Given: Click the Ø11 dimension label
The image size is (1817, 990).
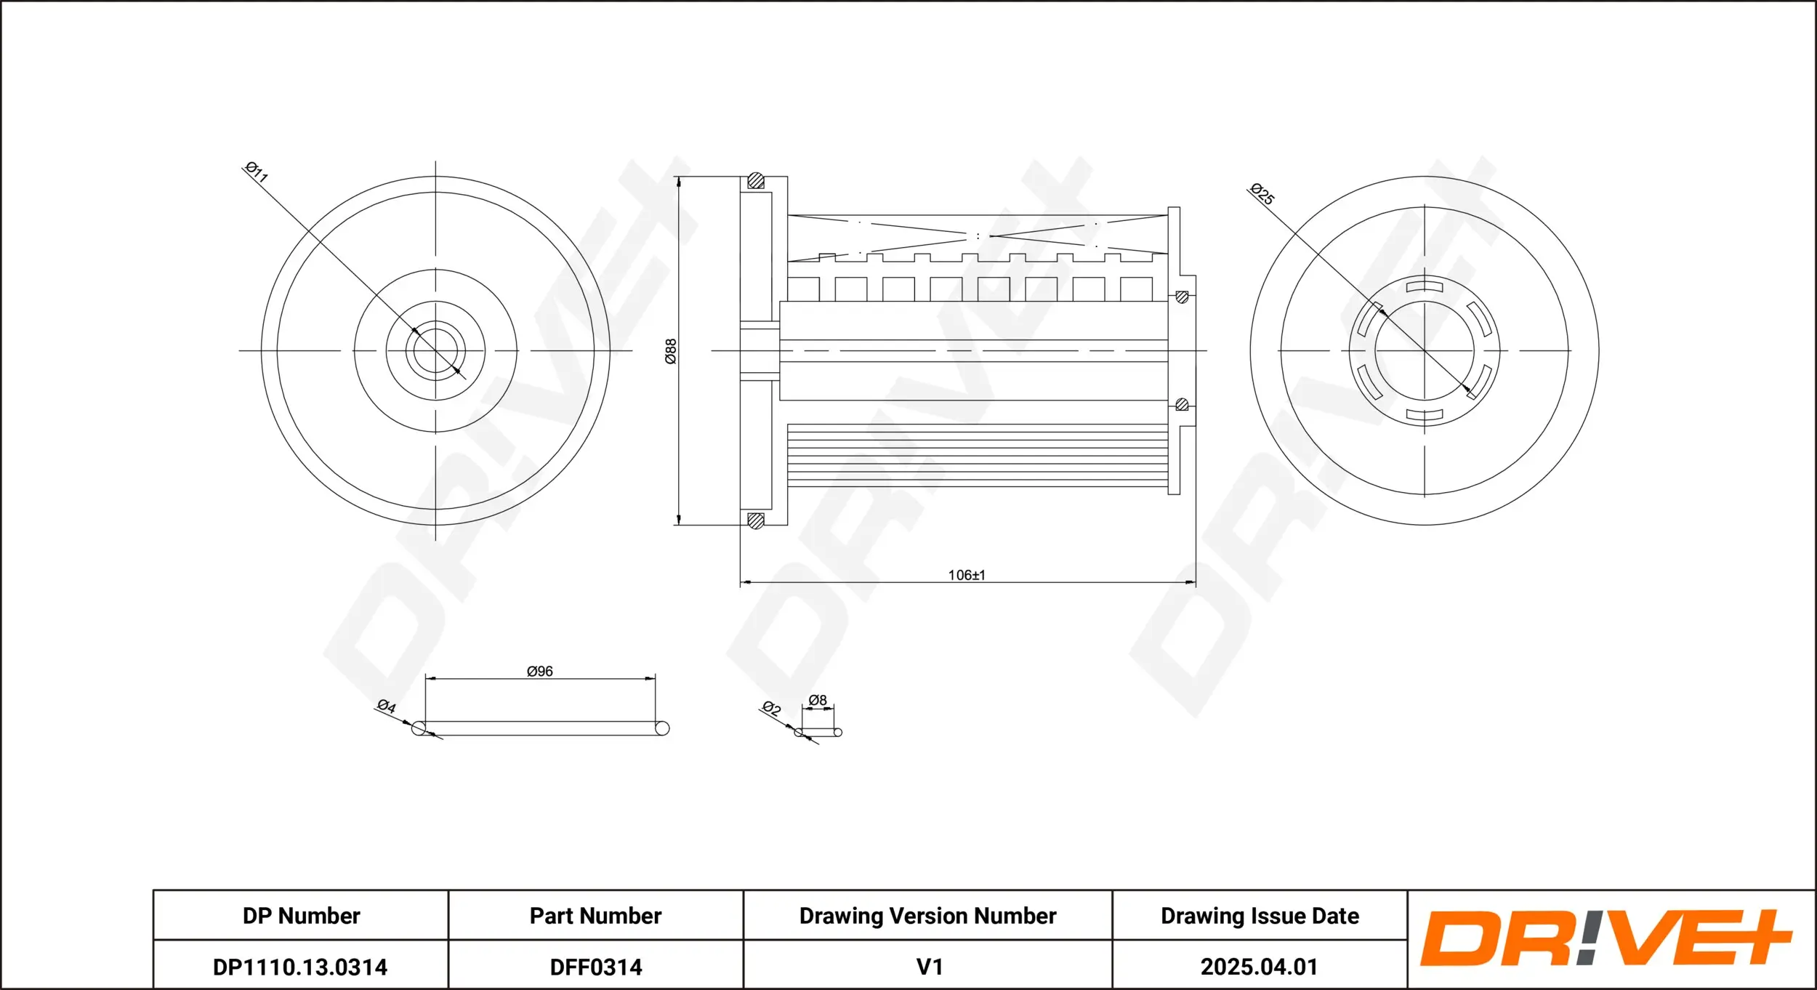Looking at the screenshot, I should pyautogui.click(x=257, y=172).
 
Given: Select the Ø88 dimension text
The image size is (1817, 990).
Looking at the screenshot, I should pyautogui.click(x=671, y=351).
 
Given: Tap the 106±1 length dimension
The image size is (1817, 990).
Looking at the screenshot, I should pyautogui.click(x=967, y=575).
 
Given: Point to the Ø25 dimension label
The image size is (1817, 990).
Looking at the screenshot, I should pyautogui.click(x=1261, y=194).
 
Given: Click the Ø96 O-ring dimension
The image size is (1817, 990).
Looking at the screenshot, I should pyautogui.click(x=539, y=671).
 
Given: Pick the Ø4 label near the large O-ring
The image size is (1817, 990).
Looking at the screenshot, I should pyautogui.click(x=386, y=706).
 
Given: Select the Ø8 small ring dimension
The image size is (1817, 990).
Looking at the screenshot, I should pyautogui.click(x=818, y=700).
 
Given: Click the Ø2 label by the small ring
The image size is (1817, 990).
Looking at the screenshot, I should pyautogui.click(x=771, y=708).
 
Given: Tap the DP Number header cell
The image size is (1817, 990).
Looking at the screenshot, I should pyautogui.click(x=301, y=916).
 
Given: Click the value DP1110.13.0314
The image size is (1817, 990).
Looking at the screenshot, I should pyautogui.click(x=300, y=967).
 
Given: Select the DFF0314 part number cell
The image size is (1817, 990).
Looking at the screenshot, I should pyautogui.click(x=596, y=967).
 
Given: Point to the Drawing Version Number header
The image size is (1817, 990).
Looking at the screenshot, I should pyautogui.click(x=927, y=916).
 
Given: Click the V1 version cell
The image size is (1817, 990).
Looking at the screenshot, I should pyautogui.click(x=930, y=967).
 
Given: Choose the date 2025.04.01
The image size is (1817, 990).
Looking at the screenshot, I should pyautogui.click(x=1259, y=967).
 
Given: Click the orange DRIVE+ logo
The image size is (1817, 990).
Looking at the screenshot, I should pyautogui.click(x=1606, y=939).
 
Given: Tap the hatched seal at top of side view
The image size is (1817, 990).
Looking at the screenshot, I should pyautogui.click(x=756, y=180).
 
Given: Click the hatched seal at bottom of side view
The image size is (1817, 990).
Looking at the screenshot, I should pyautogui.click(x=756, y=520).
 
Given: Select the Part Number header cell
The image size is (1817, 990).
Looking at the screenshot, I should pyautogui.click(x=595, y=916).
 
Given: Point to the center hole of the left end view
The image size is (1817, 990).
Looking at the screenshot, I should pyautogui.click(x=435, y=350).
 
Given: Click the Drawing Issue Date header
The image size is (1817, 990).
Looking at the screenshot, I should pyautogui.click(x=1260, y=916).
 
